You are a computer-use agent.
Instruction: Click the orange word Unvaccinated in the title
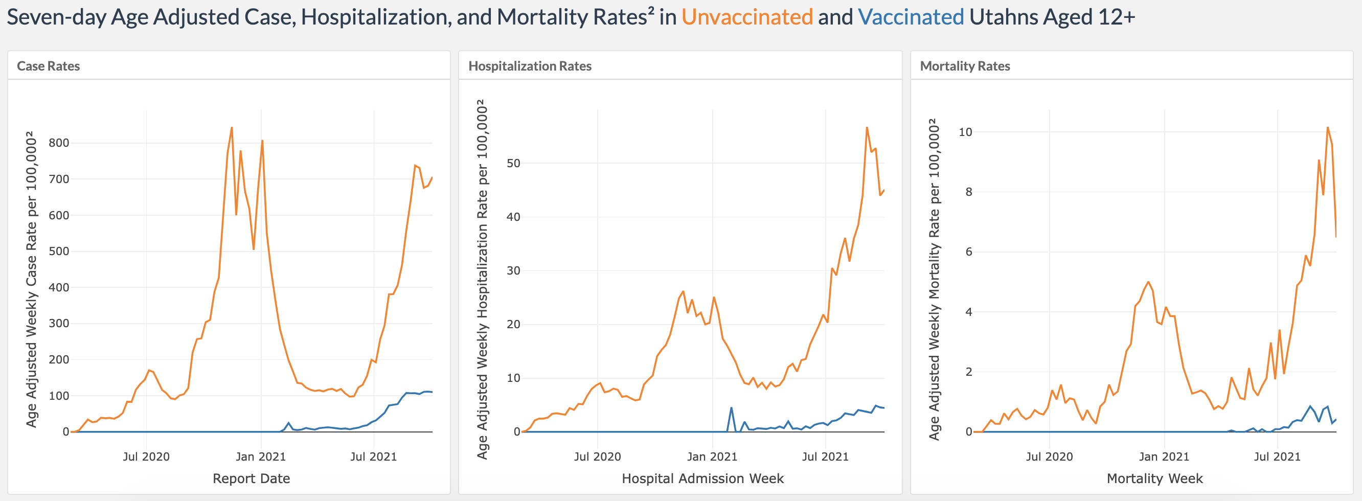[746, 17]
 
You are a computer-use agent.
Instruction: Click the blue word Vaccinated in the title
[911, 17]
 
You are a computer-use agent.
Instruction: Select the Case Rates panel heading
[48, 66]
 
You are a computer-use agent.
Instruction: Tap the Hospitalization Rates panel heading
[530, 66]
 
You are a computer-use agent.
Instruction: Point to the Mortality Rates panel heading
[965, 66]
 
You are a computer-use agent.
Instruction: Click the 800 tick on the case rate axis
[59, 143]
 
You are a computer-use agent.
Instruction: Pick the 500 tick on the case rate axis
[59, 251]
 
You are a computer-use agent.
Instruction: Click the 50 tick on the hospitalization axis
[513, 163]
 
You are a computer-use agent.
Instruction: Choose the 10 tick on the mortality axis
[965, 132]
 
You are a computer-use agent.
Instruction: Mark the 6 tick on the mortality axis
[969, 252]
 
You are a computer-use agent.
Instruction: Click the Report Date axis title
[251, 479]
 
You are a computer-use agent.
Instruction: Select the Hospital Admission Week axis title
[702, 479]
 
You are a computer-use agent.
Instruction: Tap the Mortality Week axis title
[1155, 479]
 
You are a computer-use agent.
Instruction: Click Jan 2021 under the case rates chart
[260, 457]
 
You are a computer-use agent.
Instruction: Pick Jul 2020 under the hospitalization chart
[598, 457]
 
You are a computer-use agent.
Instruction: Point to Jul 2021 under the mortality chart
[1277, 457]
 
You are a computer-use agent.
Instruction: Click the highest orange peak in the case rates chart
[232, 127]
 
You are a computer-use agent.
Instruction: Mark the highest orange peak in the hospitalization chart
[867, 127]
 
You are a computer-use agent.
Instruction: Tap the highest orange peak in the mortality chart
[1328, 127]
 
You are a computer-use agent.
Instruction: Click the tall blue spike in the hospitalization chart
[731, 408]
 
